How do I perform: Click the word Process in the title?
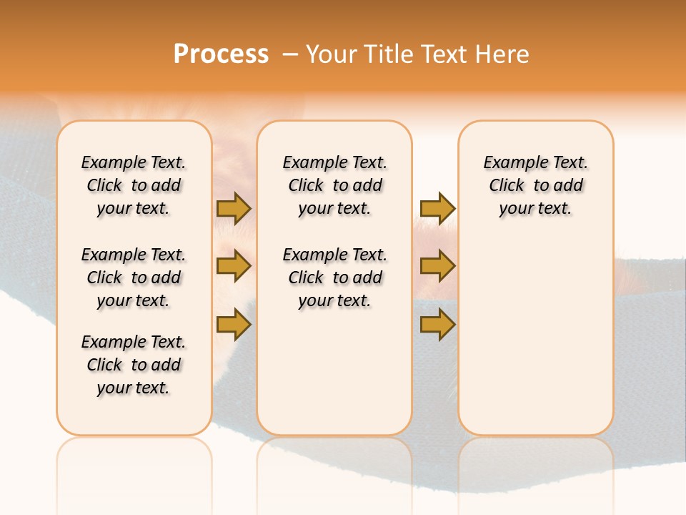pos(221,54)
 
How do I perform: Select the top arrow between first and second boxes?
pos(234,208)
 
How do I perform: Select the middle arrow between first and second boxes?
pos(234,266)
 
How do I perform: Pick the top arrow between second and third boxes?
pos(437,208)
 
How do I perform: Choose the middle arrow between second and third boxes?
pos(437,266)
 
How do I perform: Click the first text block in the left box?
pos(134,185)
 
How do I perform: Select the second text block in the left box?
pos(134,278)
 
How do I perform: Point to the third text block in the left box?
pos(134,365)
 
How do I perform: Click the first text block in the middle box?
pos(334,185)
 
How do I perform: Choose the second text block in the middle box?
pos(334,278)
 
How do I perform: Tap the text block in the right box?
pos(535,185)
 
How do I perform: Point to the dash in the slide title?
pos(290,55)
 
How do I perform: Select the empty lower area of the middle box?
pos(334,372)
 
